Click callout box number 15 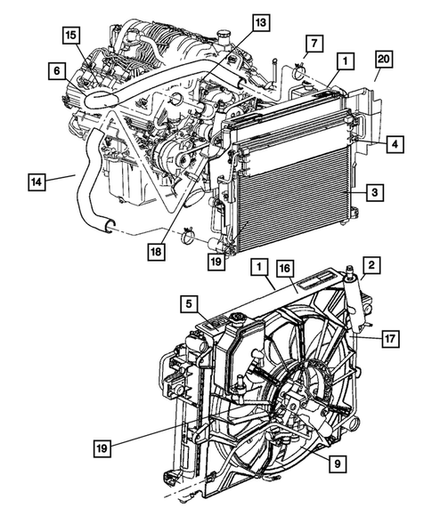pyautogui.click(x=69, y=35)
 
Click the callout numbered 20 pyautogui.click(x=383, y=60)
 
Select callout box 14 pyautogui.click(x=37, y=182)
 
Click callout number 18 pyautogui.click(x=157, y=253)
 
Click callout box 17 pyautogui.click(x=390, y=338)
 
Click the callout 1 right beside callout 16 pyautogui.click(x=259, y=267)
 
